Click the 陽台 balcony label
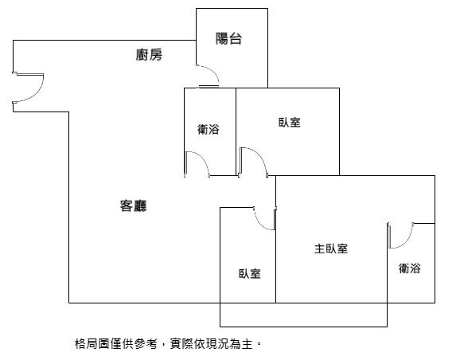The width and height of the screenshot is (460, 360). point(228,38)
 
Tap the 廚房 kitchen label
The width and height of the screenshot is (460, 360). point(149,55)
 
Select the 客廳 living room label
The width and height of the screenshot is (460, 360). point(133,205)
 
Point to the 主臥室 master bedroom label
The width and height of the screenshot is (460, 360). point(331,248)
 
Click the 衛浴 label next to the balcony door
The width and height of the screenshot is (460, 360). point(208,130)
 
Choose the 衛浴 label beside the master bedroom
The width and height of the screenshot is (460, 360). point(409,268)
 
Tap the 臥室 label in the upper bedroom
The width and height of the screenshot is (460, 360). point(290,123)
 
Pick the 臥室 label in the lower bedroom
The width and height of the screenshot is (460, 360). point(249,274)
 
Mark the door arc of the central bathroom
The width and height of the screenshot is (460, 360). point(203,158)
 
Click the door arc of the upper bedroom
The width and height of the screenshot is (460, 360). point(260,155)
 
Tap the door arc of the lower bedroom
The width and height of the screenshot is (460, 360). point(259,224)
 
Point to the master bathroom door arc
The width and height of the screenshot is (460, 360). point(407,241)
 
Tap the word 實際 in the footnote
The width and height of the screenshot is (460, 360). point(181,344)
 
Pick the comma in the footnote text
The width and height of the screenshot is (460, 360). point(163,346)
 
